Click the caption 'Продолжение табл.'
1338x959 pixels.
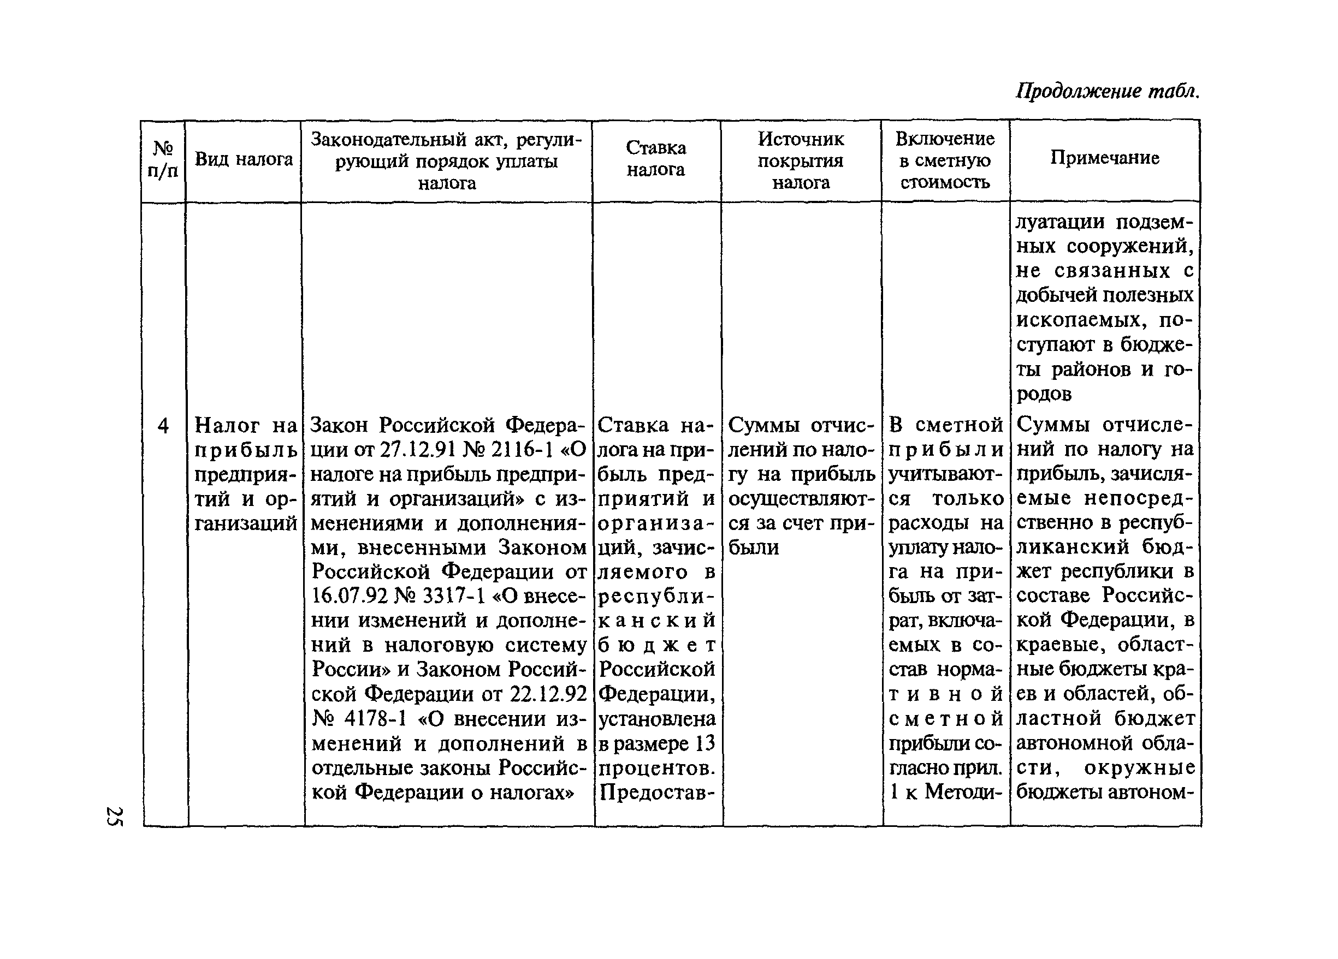tap(1107, 91)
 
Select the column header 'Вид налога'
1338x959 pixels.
tap(244, 159)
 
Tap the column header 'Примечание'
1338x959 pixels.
tap(1104, 158)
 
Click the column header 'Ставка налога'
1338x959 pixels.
tap(656, 159)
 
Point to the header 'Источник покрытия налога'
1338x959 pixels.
tap(801, 160)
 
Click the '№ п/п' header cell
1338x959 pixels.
tap(163, 159)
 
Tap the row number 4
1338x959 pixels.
tap(163, 425)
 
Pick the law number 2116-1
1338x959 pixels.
tap(522, 450)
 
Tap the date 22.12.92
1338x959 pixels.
tap(548, 694)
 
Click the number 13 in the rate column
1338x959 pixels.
tap(705, 744)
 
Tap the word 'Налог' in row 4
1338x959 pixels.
tap(227, 425)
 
